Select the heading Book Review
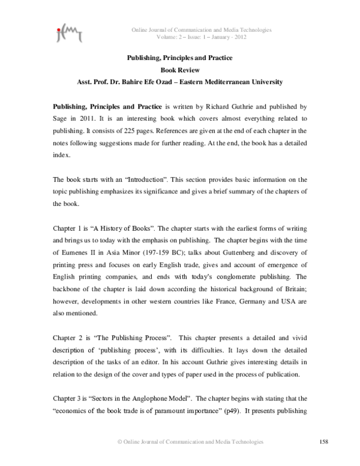179,70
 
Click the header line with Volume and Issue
201,37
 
